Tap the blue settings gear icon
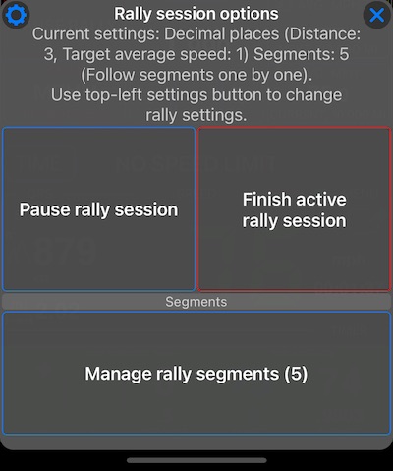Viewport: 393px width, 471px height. (x=17, y=15)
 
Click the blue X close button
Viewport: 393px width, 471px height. (x=376, y=15)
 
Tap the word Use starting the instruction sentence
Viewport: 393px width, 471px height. (x=65, y=95)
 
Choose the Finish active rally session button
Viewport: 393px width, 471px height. (x=294, y=209)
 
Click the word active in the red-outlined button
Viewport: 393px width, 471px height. (x=319, y=200)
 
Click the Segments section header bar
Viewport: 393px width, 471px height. (x=196, y=302)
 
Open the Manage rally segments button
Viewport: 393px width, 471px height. (x=196, y=374)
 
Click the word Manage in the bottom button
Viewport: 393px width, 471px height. (x=118, y=374)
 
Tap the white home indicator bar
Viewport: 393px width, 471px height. (x=196, y=459)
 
